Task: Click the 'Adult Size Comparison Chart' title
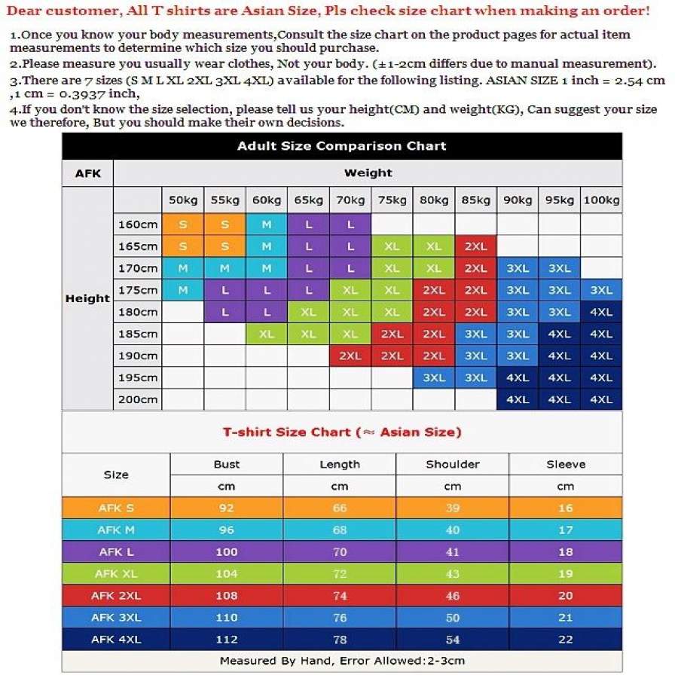pos(342,146)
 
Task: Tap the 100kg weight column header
pos(601,200)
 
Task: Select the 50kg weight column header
pos(183,200)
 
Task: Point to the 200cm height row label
pos(138,400)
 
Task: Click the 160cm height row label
pos(138,224)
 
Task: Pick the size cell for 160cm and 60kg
pos(267,224)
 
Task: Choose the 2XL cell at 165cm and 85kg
pos(475,246)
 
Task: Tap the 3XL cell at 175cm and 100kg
pos(601,290)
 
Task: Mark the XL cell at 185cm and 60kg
pos(267,334)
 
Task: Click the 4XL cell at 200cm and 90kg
pos(518,400)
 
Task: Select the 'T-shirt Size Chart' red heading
pos(342,432)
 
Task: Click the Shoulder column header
pos(452,465)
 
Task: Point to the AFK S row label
pos(116,508)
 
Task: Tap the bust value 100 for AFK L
pos(227,551)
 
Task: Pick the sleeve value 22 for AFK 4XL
pos(566,640)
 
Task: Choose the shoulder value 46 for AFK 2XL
pos(452,595)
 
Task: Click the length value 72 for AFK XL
pos(340,573)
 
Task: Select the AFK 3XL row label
pos(116,618)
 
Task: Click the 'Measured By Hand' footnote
pos(342,661)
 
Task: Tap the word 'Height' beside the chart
pos(87,298)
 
